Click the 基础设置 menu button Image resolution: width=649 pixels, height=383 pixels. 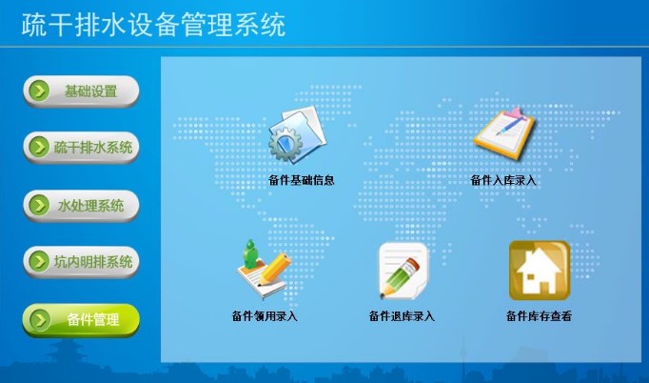tap(81, 91)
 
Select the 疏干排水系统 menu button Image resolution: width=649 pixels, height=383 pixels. tap(81, 147)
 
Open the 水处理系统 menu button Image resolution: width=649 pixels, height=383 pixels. tap(81, 206)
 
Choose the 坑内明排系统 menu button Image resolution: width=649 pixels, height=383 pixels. tap(81, 262)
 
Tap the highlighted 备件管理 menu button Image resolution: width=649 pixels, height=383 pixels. tap(81, 320)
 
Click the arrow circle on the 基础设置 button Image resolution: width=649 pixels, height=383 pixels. tap(40, 91)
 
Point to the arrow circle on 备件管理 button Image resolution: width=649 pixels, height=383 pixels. tap(40, 320)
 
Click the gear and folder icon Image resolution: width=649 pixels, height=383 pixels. tap(298, 135)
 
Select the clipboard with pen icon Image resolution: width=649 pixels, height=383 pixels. tap(504, 132)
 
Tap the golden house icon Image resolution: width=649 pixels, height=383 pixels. tap(540, 271)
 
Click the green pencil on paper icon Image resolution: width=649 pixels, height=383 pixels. tap(403, 272)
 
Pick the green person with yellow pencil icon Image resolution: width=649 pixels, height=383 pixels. tap(264, 269)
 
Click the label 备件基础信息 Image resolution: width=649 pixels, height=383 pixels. tap(302, 180)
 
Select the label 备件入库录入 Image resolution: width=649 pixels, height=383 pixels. tap(503, 180)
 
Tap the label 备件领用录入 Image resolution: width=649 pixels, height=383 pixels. tap(265, 316)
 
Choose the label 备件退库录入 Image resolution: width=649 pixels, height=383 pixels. tap(402, 316)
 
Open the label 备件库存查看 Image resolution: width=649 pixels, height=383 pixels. tap(539, 316)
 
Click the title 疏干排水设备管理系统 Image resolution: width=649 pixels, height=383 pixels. tap(153, 25)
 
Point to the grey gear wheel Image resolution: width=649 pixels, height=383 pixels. tap(285, 144)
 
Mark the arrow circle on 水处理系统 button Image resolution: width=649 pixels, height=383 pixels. tap(40, 206)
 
